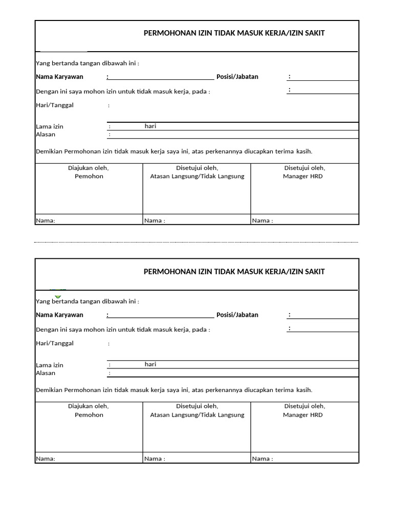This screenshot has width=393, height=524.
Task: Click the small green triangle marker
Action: click(x=58, y=296)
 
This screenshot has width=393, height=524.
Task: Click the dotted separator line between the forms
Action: click(x=196, y=242)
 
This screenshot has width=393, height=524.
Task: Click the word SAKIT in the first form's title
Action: click(x=315, y=33)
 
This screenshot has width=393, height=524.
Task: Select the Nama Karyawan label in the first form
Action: click(x=59, y=77)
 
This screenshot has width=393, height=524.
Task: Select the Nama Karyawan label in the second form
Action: click(x=59, y=315)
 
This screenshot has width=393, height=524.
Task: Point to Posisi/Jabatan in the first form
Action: click(x=237, y=77)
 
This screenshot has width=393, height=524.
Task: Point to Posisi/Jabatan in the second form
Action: click(x=237, y=315)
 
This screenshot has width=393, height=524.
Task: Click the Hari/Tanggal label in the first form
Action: click(x=55, y=105)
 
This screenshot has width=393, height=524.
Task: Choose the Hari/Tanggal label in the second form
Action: click(x=55, y=343)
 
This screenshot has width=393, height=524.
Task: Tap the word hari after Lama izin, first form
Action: click(x=150, y=126)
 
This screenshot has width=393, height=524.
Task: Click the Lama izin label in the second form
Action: click(x=50, y=365)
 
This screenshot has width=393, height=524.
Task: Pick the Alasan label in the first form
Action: click(x=46, y=135)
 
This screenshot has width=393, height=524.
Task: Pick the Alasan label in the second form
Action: click(x=46, y=373)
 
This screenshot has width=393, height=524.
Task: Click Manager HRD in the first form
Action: click(x=303, y=177)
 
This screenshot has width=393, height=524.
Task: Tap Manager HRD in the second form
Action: click(x=303, y=415)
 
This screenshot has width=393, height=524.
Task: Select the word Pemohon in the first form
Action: click(x=89, y=177)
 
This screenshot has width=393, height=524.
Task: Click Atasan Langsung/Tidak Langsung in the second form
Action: click(x=197, y=415)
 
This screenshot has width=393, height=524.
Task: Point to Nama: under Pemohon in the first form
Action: click(x=46, y=221)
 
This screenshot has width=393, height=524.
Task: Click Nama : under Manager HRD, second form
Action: click(x=263, y=459)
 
